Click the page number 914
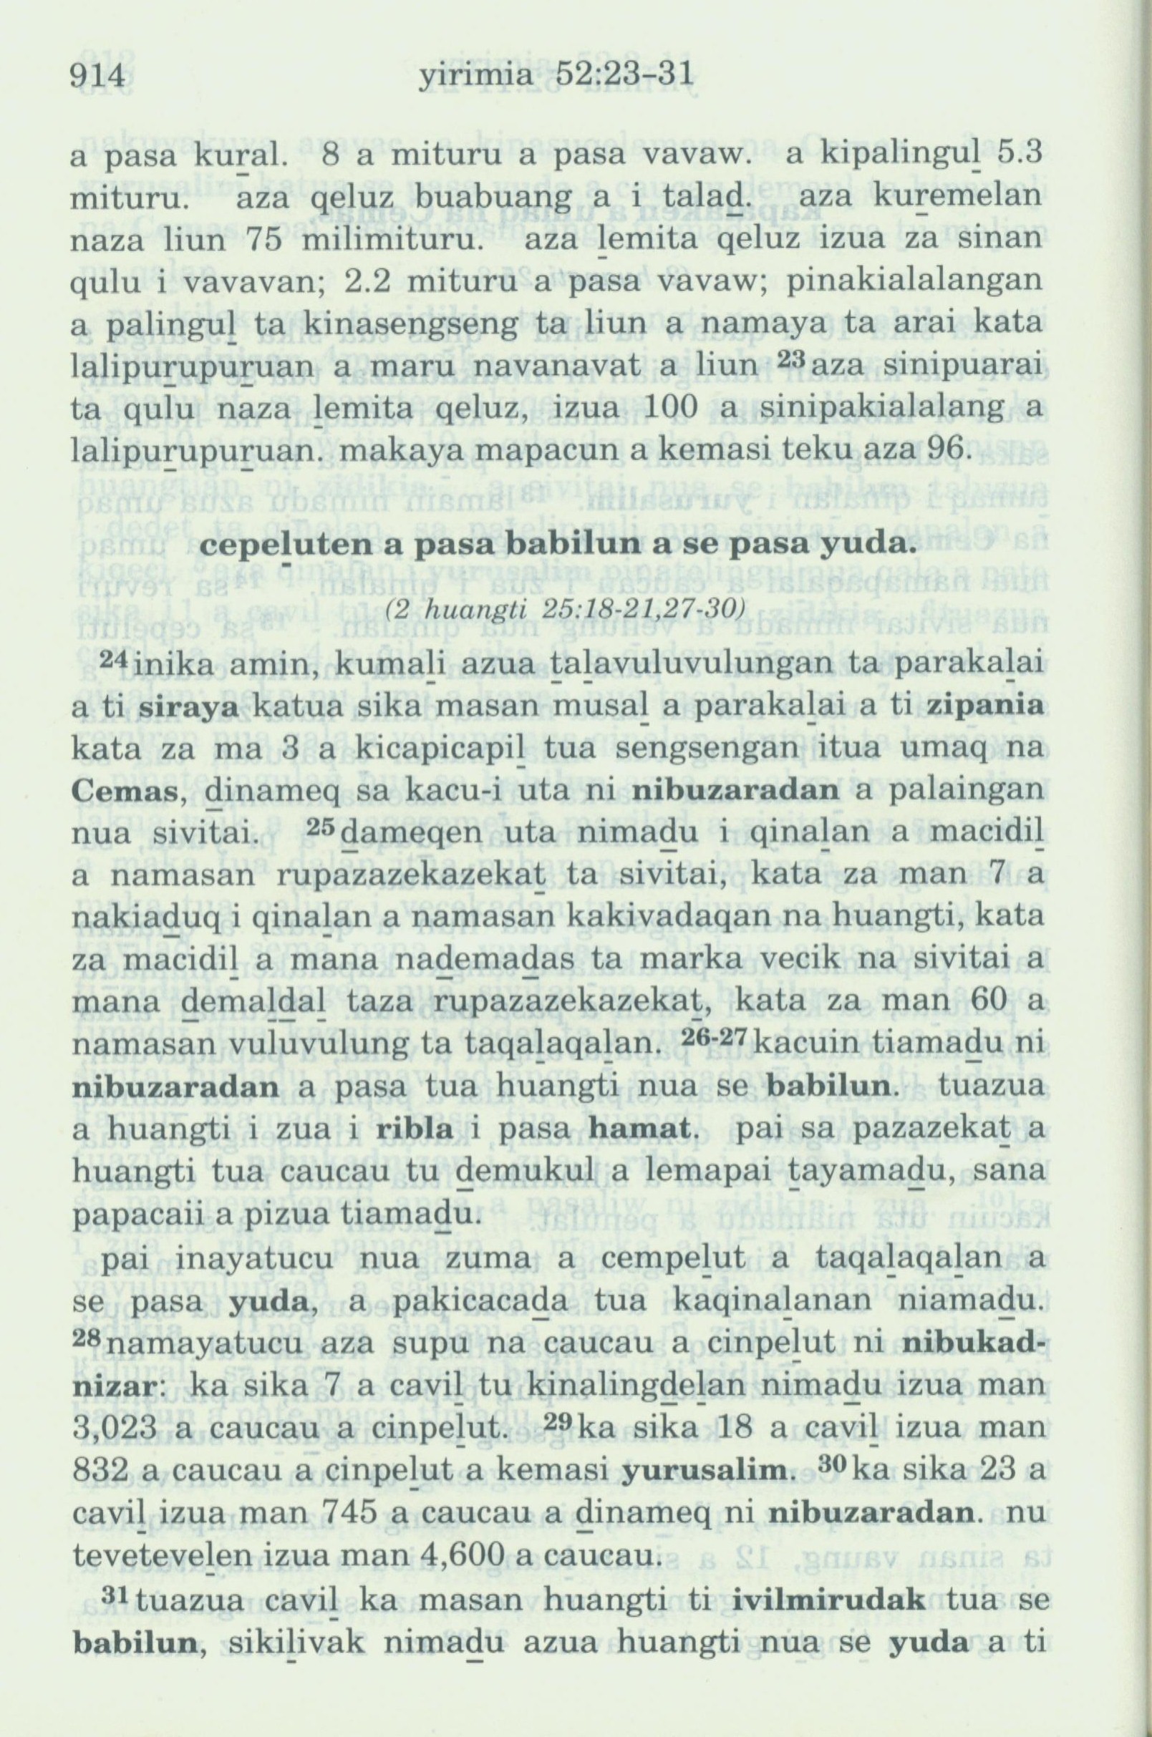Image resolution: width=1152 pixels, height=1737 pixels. click(x=99, y=77)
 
